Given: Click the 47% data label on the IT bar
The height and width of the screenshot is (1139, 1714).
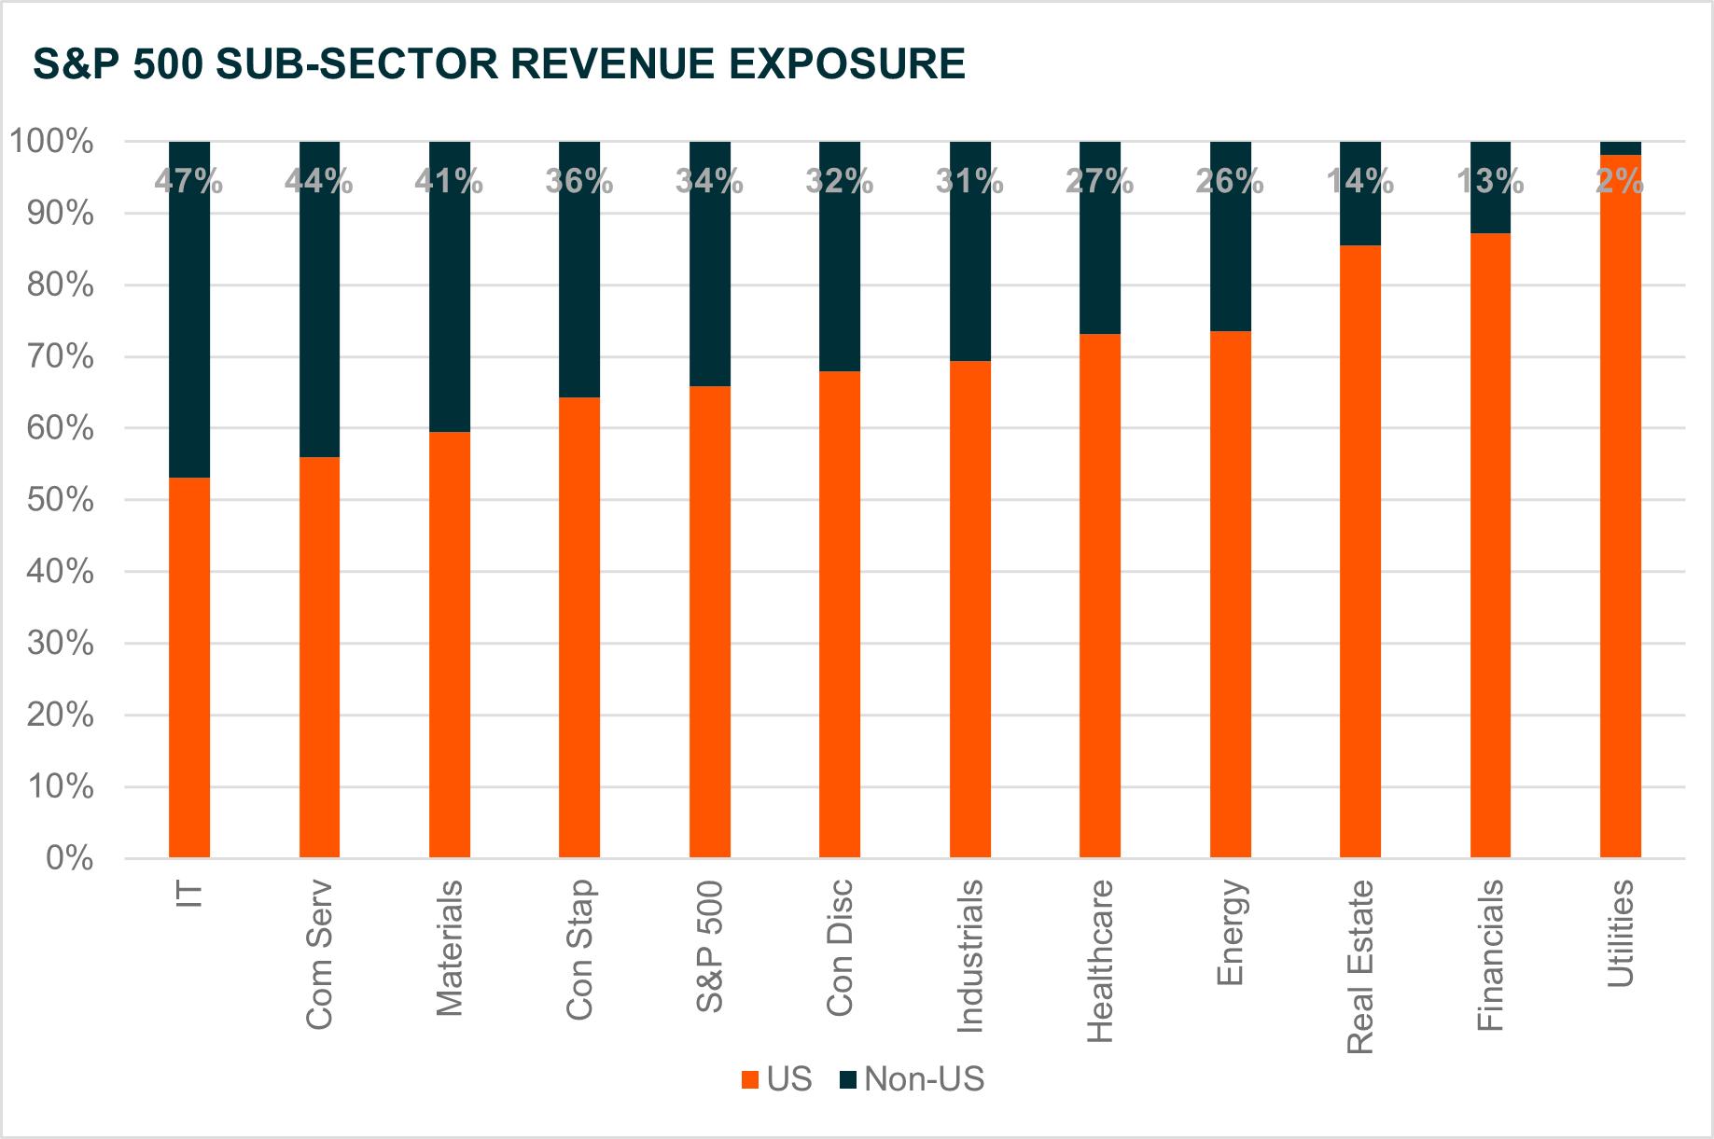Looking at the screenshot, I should click(188, 181).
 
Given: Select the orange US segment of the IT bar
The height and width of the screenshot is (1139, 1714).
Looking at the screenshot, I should click(188, 667).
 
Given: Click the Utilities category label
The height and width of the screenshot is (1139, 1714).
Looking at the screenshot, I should click(1621, 933).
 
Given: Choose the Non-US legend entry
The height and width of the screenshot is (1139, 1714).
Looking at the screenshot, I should click(924, 1079).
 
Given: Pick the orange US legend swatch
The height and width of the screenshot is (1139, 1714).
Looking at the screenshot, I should click(749, 1080).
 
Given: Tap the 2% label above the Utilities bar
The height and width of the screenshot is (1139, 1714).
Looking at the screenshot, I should click(1620, 181).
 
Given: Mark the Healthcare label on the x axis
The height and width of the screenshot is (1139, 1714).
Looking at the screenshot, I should click(1100, 961).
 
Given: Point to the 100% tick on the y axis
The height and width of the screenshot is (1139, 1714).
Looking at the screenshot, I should click(52, 142).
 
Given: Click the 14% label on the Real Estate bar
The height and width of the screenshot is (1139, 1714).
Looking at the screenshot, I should click(1359, 181).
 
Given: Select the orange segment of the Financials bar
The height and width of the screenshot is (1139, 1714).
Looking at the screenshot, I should click(1490, 546).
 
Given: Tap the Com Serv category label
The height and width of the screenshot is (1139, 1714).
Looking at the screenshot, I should click(319, 954).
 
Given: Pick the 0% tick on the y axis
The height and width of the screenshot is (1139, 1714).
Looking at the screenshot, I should click(70, 858).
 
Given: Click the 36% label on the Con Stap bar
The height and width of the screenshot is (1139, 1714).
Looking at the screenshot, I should click(578, 181).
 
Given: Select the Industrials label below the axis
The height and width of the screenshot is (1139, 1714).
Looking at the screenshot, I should click(970, 956).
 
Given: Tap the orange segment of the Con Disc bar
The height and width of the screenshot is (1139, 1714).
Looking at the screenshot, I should click(839, 615).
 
